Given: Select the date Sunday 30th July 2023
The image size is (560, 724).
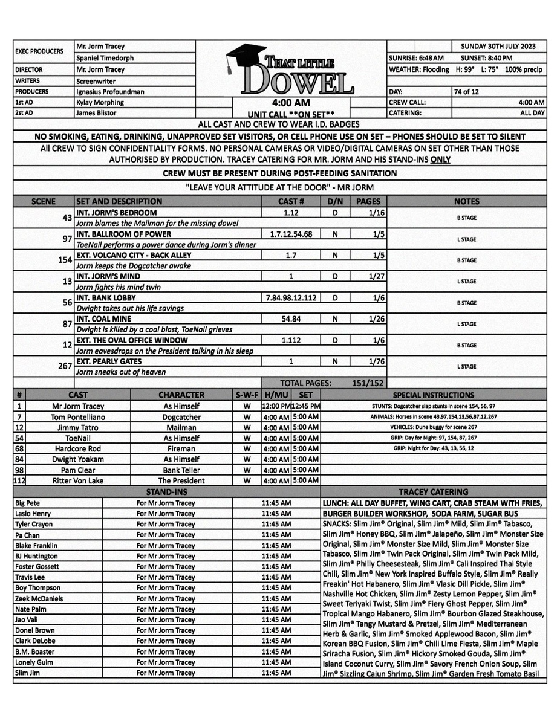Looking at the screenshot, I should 502,46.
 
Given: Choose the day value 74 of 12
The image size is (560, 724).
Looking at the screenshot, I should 466,91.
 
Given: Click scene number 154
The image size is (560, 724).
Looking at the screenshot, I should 63,260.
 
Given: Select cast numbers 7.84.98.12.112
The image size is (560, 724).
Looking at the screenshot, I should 291,298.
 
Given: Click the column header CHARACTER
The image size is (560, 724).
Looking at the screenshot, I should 181,395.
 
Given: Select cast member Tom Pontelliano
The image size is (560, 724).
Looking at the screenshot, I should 79,417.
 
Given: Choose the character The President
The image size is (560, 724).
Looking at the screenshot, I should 181,480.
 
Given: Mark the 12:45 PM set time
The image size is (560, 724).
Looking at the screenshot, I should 306,406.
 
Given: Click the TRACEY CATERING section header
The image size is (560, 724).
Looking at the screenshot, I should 434,492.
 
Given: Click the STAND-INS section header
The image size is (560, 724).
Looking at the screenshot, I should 166,492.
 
